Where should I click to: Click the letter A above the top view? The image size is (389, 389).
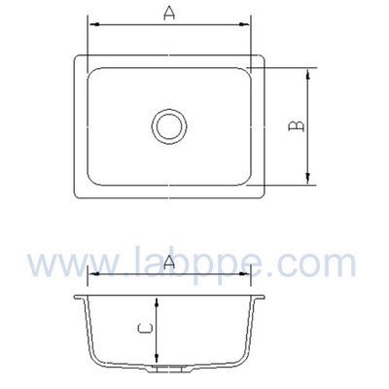tap(169, 13)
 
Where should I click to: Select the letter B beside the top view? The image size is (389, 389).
tap(299, 125)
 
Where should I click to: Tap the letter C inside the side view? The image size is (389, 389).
tap(143, 330)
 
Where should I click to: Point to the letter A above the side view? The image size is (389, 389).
tap(170, 262)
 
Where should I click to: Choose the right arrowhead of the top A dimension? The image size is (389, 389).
tap(248, 22)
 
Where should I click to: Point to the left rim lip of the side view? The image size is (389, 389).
tap(78, 298)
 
